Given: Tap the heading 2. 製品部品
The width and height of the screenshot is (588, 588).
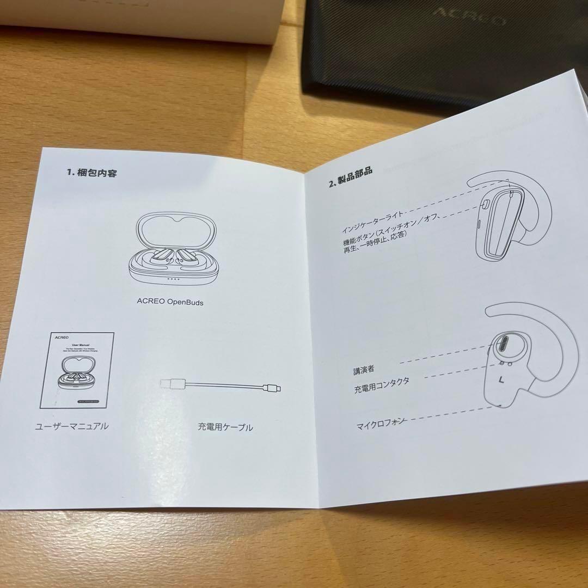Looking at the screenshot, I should tap(351, 176).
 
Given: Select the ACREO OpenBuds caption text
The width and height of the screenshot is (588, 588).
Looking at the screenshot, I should tap(170, 301).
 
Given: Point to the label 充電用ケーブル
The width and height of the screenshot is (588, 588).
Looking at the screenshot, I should tap(225, 427).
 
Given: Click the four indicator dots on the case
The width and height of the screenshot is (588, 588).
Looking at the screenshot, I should tap(173, 279).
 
